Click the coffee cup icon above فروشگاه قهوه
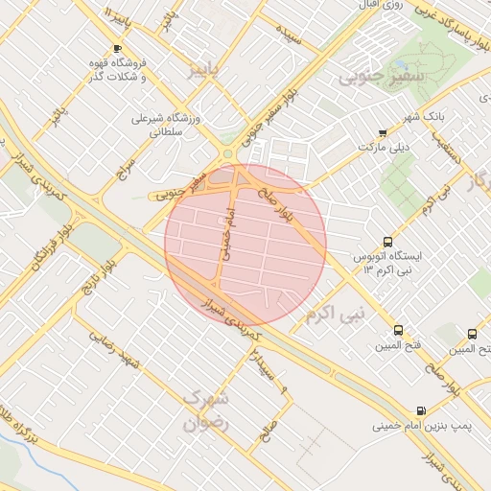click(x=118, y=48)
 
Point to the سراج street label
click(x=123, y=167)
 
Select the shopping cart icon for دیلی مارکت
click(x=383, y=133)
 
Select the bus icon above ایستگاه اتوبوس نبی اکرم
click(x=387, y=243)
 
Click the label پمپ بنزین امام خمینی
click(x=414, y=423)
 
